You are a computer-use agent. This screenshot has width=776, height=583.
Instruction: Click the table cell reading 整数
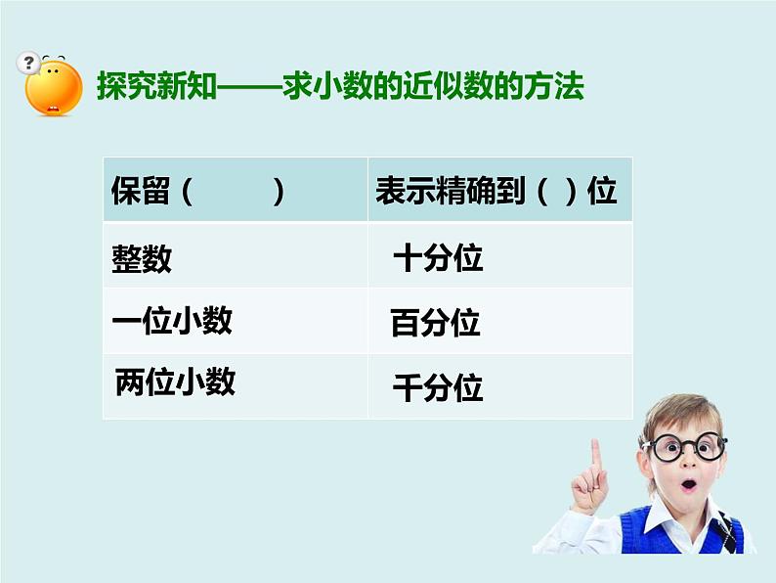point(142,259)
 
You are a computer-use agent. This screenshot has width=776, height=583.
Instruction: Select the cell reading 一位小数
point(172,321)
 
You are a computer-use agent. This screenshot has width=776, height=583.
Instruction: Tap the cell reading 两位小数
point(175,381)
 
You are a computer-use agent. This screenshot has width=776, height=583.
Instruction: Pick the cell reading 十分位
point(438,259)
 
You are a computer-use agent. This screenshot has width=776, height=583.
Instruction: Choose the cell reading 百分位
point(436,323)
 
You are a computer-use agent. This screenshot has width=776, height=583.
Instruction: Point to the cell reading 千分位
point(438,388)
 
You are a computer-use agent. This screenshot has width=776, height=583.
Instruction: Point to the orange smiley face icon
point(55,85)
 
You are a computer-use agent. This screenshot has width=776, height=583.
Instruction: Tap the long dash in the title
point(252,87)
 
